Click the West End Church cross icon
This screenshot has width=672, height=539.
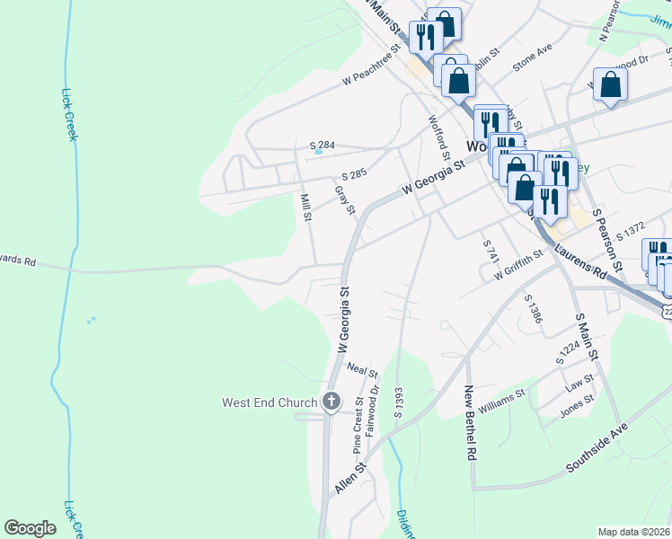[331, 402]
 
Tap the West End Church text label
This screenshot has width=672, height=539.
[270, 402]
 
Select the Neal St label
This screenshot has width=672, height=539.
[362, 370]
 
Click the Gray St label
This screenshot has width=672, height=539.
[345, 200]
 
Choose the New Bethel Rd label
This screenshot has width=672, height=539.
[469, 422]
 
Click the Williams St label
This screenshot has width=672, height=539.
[501, 402]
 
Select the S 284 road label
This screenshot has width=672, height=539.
[322, 145]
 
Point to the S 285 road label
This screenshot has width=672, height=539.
[355, 176]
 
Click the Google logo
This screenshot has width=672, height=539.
[30, 528]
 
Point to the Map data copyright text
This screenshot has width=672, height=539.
[633, 532]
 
